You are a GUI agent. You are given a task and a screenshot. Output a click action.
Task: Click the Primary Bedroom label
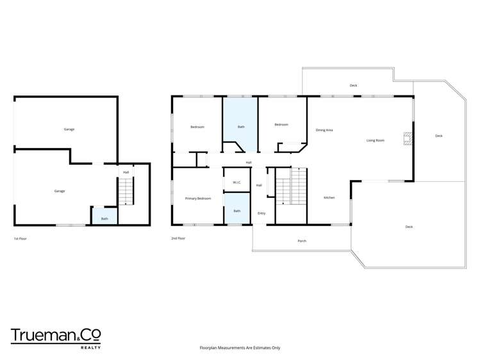pyautogui.click(x=198, y=199)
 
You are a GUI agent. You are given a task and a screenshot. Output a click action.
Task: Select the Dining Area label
pyautogui.click(x=324, y=130)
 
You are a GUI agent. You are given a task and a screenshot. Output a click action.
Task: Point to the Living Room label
pyautogui.click(x=375, y=140)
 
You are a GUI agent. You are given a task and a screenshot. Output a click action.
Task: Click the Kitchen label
pyautogui.click(x=329, y=198)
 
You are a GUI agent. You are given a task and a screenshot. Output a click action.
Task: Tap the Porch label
pyautogui.click(x=302, y=241)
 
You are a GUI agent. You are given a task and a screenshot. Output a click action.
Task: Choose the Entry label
pyautogui.click(x=261, y=213)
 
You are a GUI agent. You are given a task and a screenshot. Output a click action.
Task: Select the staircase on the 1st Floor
pyautogui.click(x=126, y=192)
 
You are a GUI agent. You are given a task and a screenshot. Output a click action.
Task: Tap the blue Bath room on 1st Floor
pyautogui.click(x=104, y=217)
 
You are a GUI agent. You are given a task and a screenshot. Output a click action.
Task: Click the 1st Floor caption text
pyautogui.click(x=21, y=238)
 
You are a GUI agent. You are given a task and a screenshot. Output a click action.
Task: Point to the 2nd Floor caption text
pyautogui.click(x=178, y=238)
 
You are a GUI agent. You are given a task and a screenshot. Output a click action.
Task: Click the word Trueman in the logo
pyautogui.click(x=42, y=335)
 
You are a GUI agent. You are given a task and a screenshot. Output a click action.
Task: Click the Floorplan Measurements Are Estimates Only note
pyautogui.click(x=240, y=348)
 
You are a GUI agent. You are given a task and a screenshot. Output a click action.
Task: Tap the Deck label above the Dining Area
pyautogui.click(x=353, y=85)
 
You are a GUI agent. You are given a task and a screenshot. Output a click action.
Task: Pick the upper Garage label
pyautogui.click(x=69, y=129)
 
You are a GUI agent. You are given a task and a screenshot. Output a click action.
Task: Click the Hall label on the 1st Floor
pyautogui.click(x=126, y=172)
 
